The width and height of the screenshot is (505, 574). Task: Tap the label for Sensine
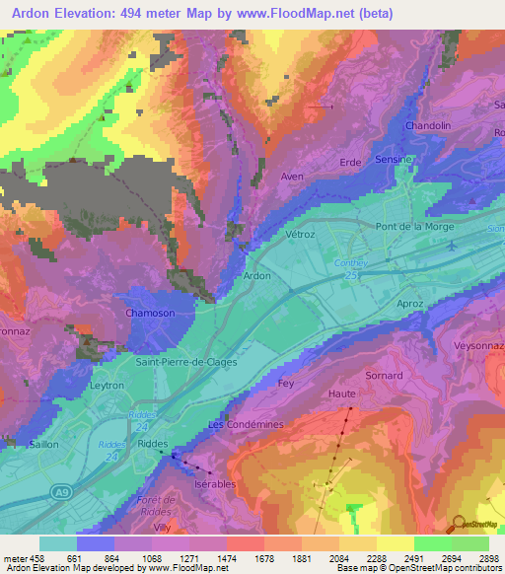click(x=396, y=159)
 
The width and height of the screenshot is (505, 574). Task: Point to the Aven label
click(x=291, y=177)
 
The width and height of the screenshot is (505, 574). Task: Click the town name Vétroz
click(x=300, y=236)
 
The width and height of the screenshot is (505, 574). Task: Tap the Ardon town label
click(x=257, y=276)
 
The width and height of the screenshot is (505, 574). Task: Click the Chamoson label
click(x=150, y=314)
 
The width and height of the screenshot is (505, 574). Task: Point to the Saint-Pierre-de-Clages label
click(x=186, y=362)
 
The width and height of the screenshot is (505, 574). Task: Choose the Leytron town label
click(x=108, y=388)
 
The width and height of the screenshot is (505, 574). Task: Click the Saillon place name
click(x=43, y=445)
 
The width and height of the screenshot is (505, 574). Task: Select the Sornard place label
click(x=385, y=376)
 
